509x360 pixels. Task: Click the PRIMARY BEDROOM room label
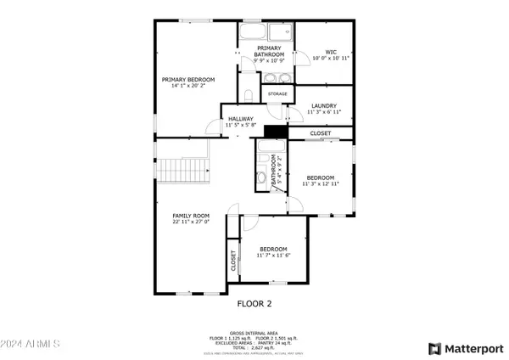pyautogui.click(x=188, y=79)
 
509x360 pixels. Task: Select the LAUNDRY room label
pyautogui.click(x=324, y=105)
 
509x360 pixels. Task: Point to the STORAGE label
pyautogui.click(x=277, y=93)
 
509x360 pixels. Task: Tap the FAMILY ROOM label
pyautogui.click(x=189, y=216)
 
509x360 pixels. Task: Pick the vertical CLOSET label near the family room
pyautogui.click(x=232, y=262)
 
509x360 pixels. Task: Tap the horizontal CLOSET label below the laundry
pyautogui.click(x=321, y=133)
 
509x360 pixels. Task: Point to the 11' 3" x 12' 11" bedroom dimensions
pyautogui.click(x=321, y=183)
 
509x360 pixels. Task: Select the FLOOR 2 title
pyautogui.click(x=254, y=301)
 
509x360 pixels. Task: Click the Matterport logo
pyautogui.click(x=463, y=348)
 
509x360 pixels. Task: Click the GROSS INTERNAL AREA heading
pyautogui.click(x=254, y=333)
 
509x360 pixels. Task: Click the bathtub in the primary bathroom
pyautogui.click(x=252, y=35)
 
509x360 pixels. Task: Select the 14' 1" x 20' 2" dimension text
pyautogui.click(x=188, y=86)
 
